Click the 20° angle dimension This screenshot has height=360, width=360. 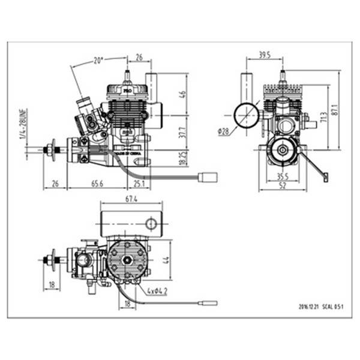(x=98, y=60)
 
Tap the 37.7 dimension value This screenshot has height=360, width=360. (x=182, y=131)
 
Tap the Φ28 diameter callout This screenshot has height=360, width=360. (x=224, y=133)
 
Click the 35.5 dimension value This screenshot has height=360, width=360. (x=283, y=176)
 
